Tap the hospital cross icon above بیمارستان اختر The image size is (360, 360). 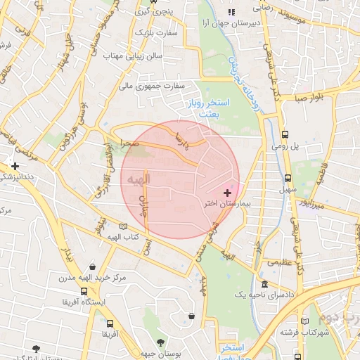[227, 192]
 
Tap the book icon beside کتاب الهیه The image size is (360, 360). [124, 226]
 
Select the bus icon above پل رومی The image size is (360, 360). [285, 134]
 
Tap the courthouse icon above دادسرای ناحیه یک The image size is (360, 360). [264, 285]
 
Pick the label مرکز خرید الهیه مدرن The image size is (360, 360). [91, 278]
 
